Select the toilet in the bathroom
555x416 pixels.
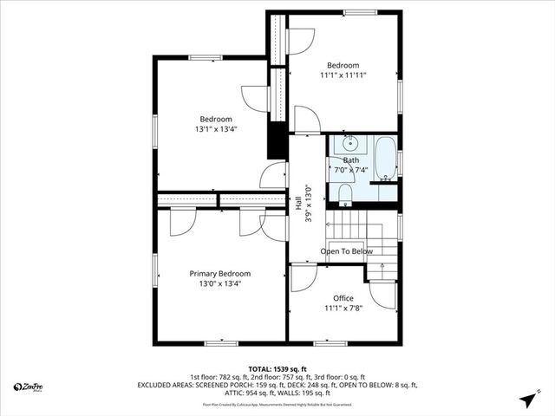[344, 192]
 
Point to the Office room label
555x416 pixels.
[343, 298]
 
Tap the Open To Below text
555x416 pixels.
[347, 251]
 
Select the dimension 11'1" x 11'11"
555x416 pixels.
[344, 76]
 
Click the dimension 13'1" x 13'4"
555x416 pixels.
[216, 129]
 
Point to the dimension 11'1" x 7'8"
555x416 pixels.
[343, 309]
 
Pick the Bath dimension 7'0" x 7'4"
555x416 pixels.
[351, 171]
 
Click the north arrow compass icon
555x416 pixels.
[526, 400]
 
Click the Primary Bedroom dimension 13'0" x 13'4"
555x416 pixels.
[220, 283]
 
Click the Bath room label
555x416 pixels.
[351, 160]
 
